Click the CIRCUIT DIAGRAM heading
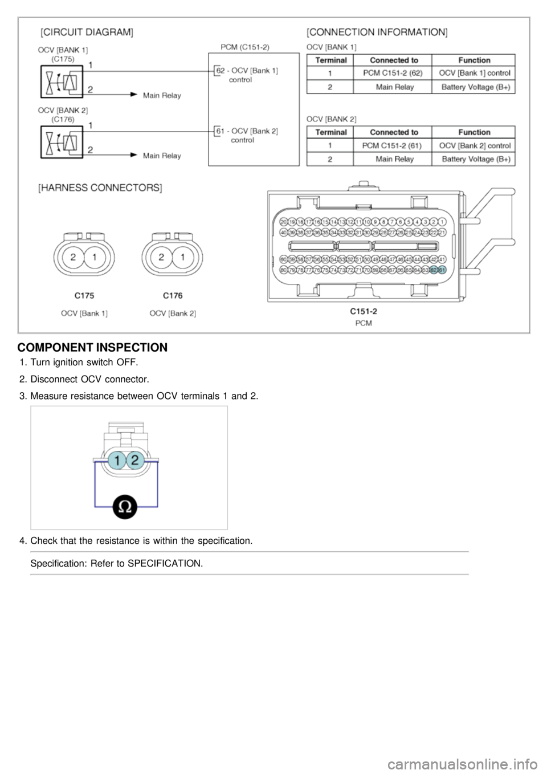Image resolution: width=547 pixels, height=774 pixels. coord(86,33)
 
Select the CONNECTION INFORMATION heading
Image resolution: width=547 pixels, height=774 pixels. coord(377,33)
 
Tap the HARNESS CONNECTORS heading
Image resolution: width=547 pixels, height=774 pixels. coord(100,188)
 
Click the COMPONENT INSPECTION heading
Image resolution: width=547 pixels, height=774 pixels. coord(92,347)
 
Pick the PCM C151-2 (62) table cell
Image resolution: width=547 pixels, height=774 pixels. coord(393,73)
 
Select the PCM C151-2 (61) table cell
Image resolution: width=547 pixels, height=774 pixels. coord(393,145)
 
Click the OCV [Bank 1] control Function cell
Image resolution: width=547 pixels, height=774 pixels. coord(475,73)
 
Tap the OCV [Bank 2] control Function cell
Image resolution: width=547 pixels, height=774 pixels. coord(475,145)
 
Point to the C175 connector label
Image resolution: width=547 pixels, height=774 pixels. coord(84,296)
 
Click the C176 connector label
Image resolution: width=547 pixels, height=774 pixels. coord(173,296)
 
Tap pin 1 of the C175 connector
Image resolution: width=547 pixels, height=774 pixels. coord(95,258)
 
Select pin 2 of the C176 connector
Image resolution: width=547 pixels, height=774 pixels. coord(162,258)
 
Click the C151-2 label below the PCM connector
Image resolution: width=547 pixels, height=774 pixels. coord(363,311)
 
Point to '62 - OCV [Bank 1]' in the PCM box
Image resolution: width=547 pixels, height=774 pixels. coord(247,71)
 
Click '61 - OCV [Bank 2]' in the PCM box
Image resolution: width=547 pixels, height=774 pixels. coord(247,131)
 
